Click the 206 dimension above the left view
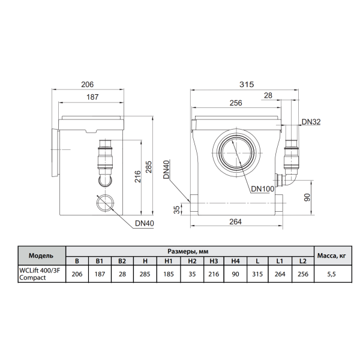click(x=88, y=85)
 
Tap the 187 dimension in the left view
click(x=92, y=97)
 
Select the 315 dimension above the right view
click(x=247, y=85)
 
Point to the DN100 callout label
click(x=263, y=189)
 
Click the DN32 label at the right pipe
click(x=311, y=122)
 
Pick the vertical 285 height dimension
click(x=149, y=167)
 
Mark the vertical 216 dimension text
click(x=137, y=176)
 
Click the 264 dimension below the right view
click(x=236, y=221)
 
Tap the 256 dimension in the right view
click(x=236, y=103)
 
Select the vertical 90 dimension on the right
click(x=307, y=197)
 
